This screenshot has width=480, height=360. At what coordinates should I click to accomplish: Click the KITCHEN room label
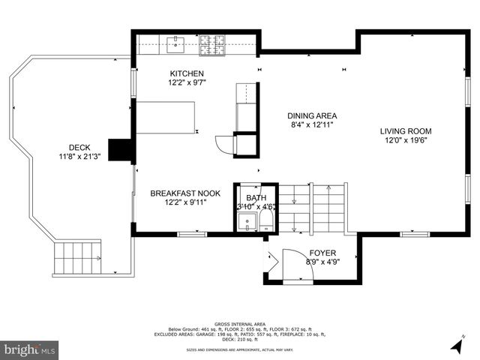tap(187, 73)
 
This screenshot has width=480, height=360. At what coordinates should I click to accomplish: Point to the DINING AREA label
tap(312, 116)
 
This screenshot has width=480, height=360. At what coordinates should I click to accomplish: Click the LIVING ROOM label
tap(405, 130)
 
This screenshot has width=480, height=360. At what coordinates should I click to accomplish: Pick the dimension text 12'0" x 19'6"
tap(405, 140)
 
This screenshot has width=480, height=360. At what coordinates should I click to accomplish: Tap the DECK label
tap(79, 148)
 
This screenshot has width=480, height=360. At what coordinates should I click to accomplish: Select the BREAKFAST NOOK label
tap(185, 193)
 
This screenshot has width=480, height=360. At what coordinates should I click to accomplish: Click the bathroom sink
tap(245, 222)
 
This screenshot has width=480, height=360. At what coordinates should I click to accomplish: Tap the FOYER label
tap(322, 253)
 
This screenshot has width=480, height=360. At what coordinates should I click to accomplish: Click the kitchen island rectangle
tap(166, 118)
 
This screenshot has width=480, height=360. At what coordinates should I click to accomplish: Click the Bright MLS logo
tap(30, 349)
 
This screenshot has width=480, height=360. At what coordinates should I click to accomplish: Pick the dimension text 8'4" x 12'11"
tap(312, 125)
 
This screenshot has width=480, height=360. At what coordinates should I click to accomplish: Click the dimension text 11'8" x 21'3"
tap(79, 157)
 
